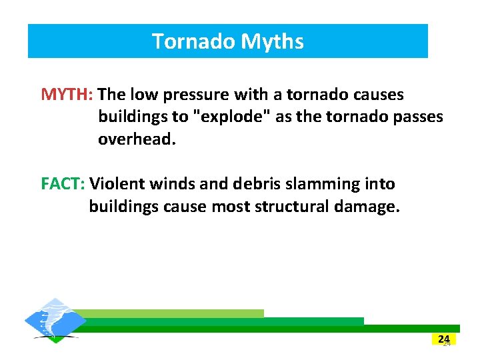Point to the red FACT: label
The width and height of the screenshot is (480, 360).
click(x=64, y=184)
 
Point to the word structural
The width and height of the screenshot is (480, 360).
click(x=289, y=207)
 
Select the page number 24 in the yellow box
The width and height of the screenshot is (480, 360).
click(x=443, y=339)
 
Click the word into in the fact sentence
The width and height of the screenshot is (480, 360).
click(x=379, y=184)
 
